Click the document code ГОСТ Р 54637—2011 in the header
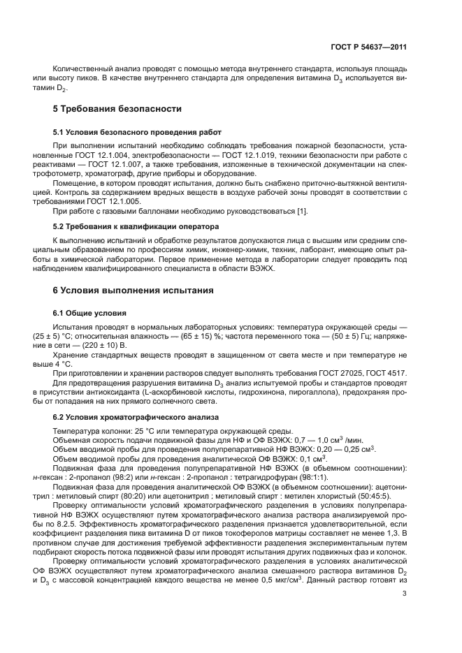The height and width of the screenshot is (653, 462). click(x=369, y=47)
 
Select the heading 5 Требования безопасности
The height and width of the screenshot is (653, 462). click(x=118, y=109)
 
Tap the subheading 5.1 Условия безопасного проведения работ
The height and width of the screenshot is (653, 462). click(x=138, y=131)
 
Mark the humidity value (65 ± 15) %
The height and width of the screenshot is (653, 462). click(x=199, y=335)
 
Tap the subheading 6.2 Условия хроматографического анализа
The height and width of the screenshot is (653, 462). click(x=137, y=417)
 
